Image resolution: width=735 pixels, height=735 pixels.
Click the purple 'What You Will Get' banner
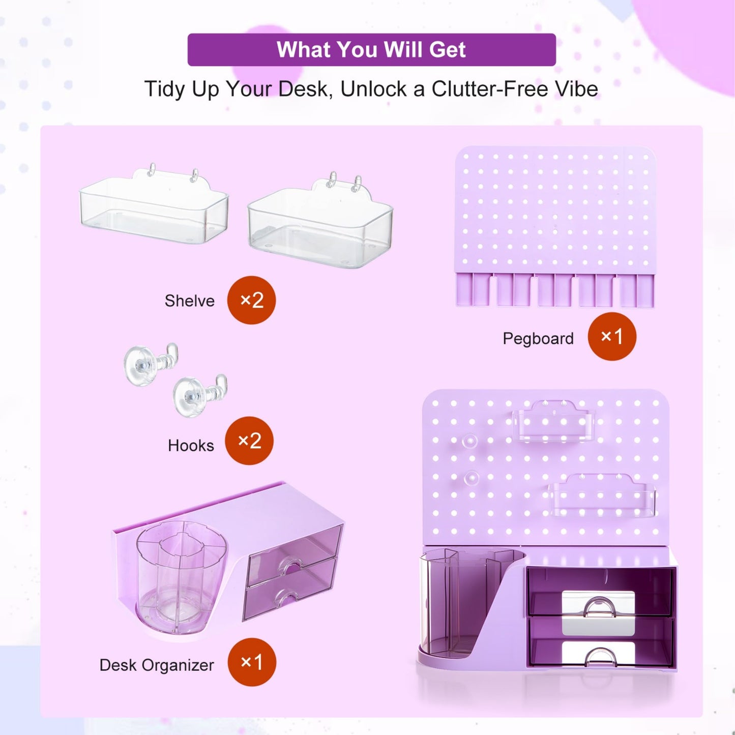371,49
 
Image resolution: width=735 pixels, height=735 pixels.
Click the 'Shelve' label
190,301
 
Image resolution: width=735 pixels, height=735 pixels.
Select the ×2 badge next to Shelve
251,300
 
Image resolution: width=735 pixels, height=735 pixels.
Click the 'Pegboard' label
538,339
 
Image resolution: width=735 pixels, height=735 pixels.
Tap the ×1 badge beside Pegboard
612,336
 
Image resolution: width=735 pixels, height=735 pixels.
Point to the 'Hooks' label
191,446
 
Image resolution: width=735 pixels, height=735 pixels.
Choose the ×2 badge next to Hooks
249,440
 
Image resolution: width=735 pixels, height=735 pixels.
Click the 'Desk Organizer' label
156,665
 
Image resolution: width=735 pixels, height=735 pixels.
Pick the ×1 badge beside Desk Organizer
252,662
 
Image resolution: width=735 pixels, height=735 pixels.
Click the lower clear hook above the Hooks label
199,394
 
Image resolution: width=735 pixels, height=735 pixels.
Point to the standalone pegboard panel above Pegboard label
555,226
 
